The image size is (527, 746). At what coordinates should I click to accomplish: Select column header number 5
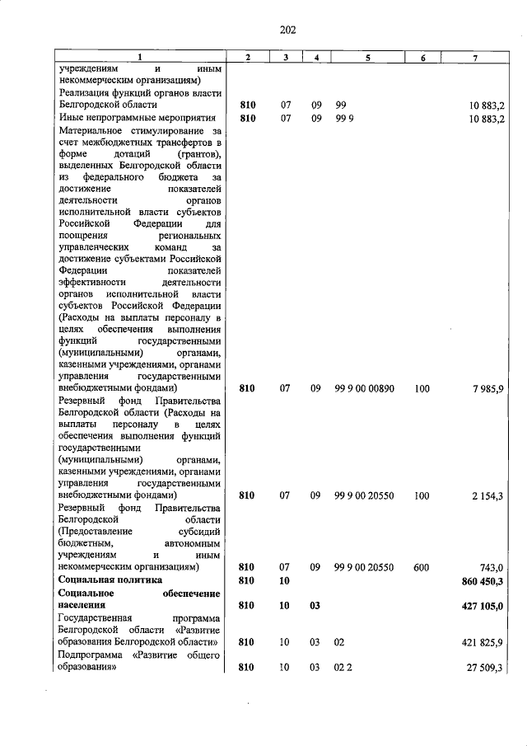coord(368,57)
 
